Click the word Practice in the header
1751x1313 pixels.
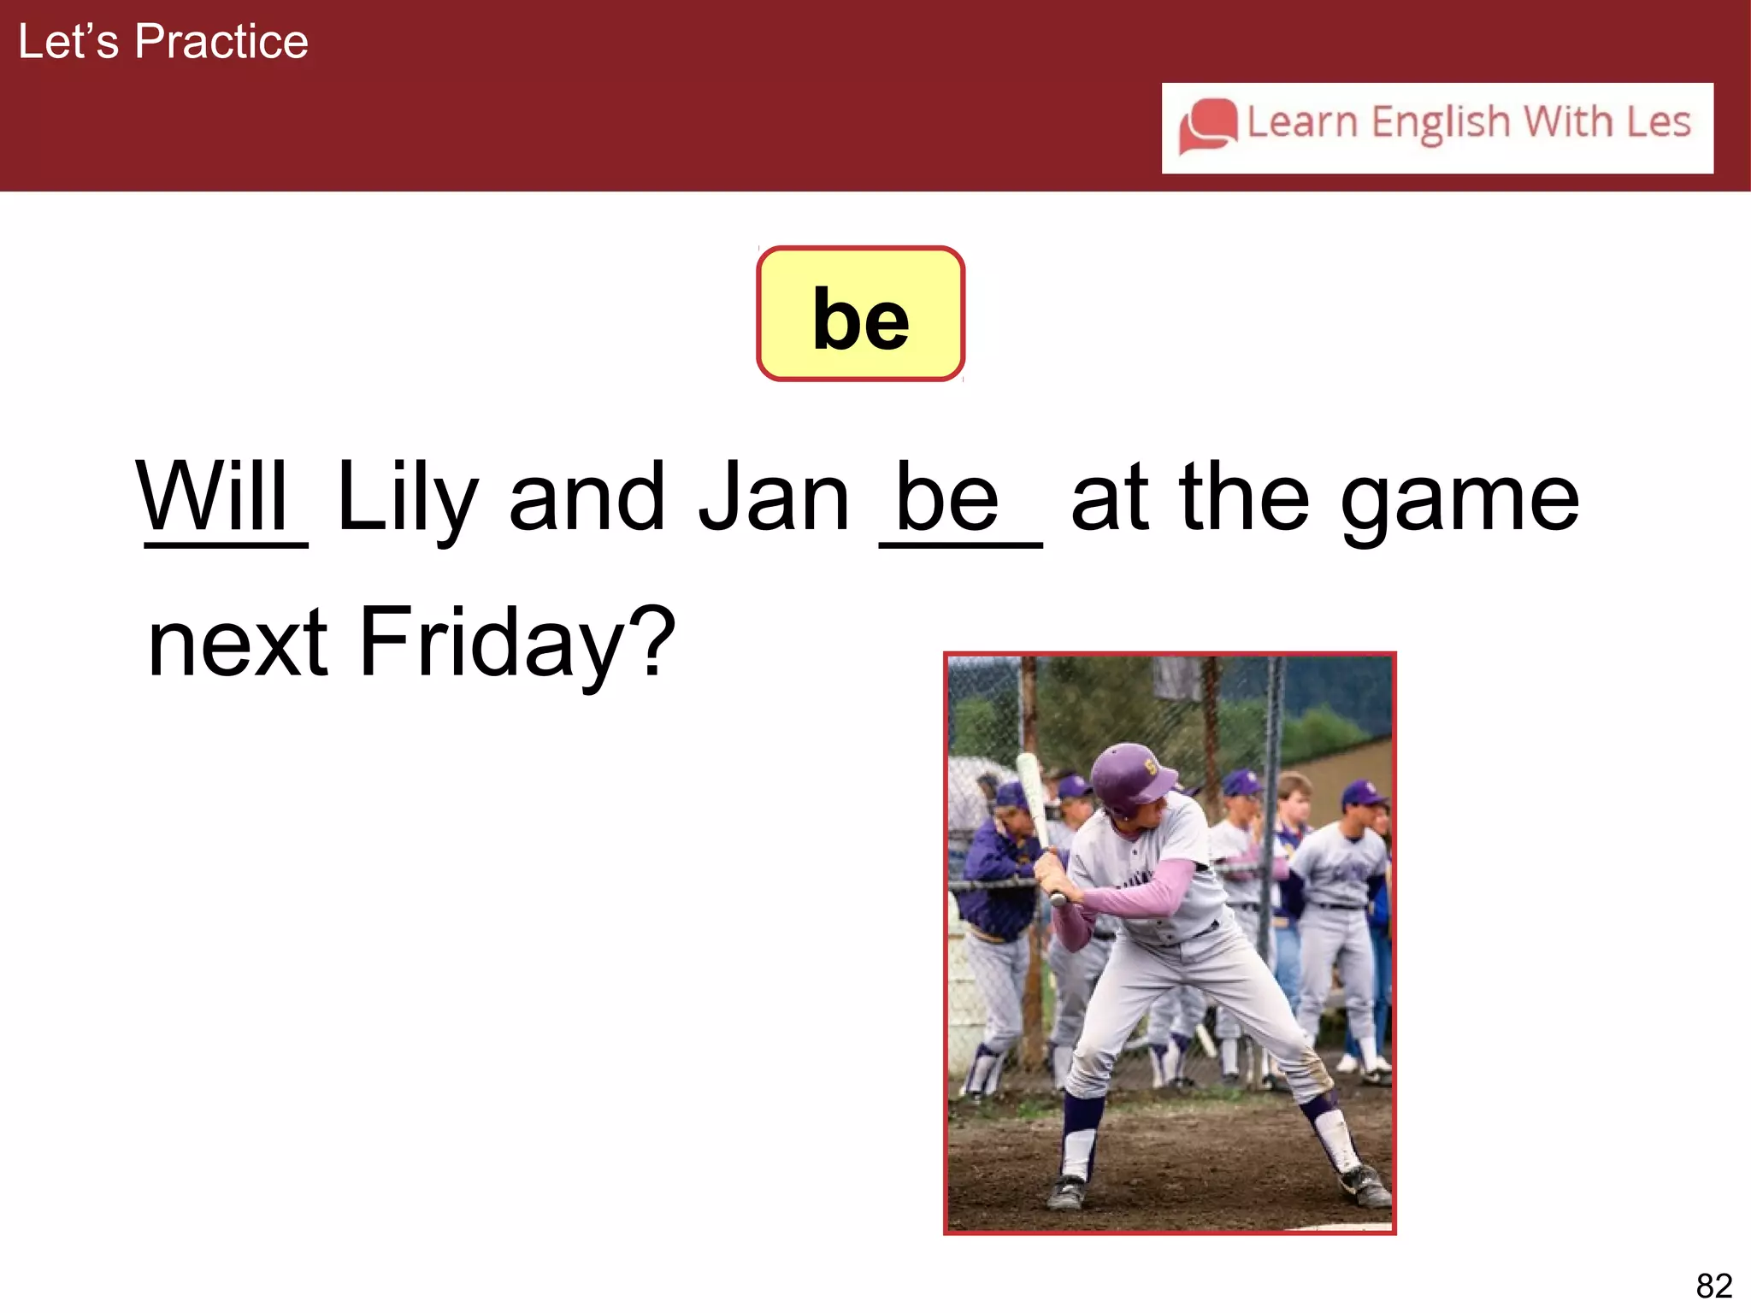coord(221,42)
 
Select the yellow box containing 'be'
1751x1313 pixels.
coord(860,314)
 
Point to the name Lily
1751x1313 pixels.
coord(407,498)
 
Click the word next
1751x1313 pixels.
coord(238,643)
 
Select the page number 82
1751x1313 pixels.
coord(1713,1286)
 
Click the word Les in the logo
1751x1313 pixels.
coord(1658,121)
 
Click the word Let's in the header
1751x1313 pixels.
coord(68,42)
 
